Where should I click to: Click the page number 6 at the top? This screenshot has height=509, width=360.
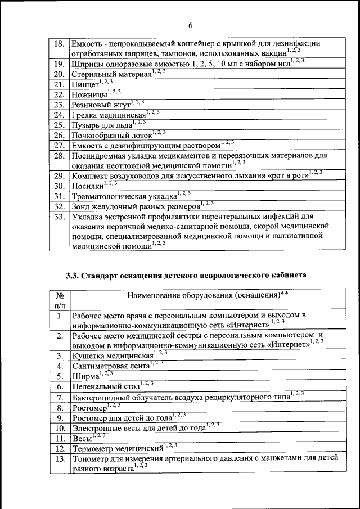190,25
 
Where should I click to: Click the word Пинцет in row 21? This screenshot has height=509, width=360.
85,85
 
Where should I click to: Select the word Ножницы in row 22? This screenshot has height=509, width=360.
89,95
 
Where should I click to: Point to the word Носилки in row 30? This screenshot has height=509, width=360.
88,186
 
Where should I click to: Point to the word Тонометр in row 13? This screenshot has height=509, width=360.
93,459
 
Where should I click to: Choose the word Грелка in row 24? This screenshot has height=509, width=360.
85,115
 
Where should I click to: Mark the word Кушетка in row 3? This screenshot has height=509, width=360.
90,356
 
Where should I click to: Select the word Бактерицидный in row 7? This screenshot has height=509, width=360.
103,397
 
